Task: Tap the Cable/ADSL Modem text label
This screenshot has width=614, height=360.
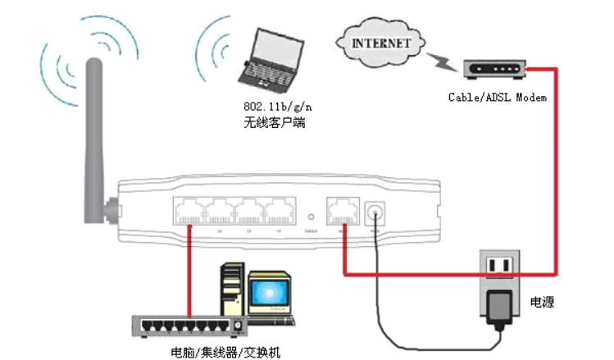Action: [x=497, y=97]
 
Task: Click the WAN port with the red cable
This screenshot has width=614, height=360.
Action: [x=343, y=213]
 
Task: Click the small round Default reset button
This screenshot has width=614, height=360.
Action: [x=311, y=218]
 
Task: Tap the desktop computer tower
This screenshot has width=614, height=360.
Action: [x=234, y=291]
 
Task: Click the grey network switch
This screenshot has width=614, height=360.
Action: [x=188, y=326]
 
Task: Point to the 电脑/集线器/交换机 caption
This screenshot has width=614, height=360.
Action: [x=225, y=352]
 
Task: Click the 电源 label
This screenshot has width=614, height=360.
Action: [x=542, y=303]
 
